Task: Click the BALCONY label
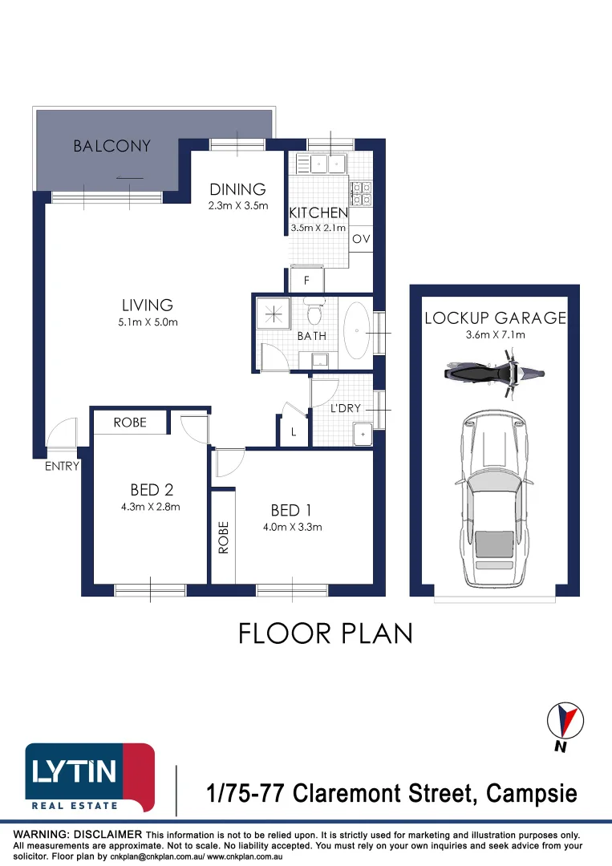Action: coord(112,146)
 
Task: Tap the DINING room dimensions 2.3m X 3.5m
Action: coord(238,206)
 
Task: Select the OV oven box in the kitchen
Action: coord(361,239)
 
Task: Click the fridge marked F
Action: coord(306,280)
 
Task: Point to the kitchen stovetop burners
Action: coord(362,193)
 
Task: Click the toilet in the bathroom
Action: coord(314,312)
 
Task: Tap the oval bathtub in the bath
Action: coord(357,331)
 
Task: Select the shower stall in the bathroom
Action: coord(274,315)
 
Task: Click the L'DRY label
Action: coord(345,408)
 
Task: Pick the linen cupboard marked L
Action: coord(294,431)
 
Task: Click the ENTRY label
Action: coord(62,466)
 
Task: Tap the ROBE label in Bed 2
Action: coord(130,423)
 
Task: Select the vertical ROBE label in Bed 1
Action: coord(223,537)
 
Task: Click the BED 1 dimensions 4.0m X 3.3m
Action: coord(292,527)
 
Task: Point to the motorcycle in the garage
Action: coord(494,373)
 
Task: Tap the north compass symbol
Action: coord(565,721)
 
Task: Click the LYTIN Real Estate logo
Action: coord(90,778)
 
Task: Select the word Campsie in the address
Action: coord(531,794)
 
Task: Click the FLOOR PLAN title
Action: coord(326,633)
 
